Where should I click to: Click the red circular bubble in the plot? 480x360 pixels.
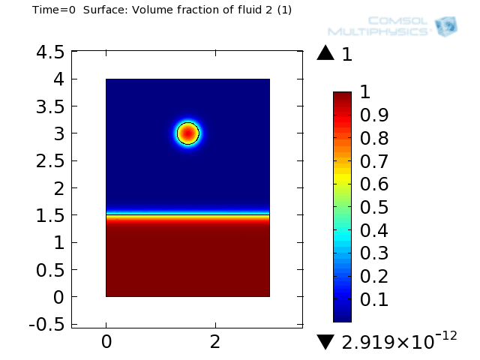(x=187, y=133)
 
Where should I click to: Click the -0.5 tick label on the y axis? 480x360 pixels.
(x=45, y=325)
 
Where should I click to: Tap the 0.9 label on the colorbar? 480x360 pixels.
(x=374, y=115)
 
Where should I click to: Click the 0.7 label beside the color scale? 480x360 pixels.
(x=374, y=161)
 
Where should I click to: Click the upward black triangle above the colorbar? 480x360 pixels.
(x=325, y=53)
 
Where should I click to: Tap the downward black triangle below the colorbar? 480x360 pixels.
(x=325, y=342)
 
